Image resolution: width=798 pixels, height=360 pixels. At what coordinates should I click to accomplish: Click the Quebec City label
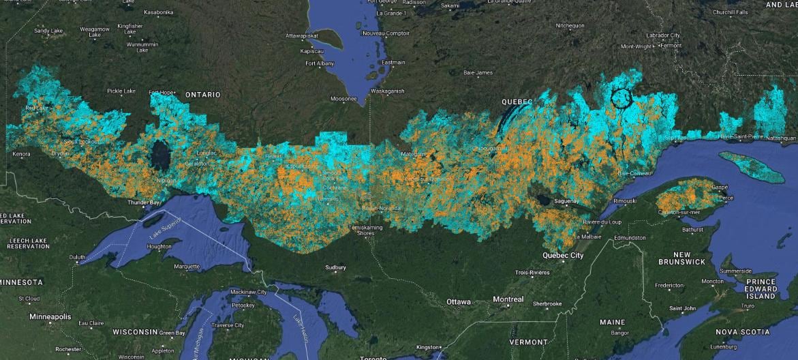[563, 256]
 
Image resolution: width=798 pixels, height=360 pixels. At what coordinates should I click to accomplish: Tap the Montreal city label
[508, 299]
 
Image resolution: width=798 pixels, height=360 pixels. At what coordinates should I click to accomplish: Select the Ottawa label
[459, 301]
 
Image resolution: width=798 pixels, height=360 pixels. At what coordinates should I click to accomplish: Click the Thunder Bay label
[145, 202]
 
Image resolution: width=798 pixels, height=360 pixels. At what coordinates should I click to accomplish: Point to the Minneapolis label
[50, 317]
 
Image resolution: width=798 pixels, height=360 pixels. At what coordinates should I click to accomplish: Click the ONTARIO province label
[202, 94]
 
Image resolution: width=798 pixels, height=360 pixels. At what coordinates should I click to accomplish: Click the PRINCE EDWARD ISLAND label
[761, 288]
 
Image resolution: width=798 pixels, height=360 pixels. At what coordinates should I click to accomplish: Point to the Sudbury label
[335, 267]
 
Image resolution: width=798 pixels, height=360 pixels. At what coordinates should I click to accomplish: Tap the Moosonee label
[343, 99]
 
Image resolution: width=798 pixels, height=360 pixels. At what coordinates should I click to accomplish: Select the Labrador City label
[663, 35]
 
